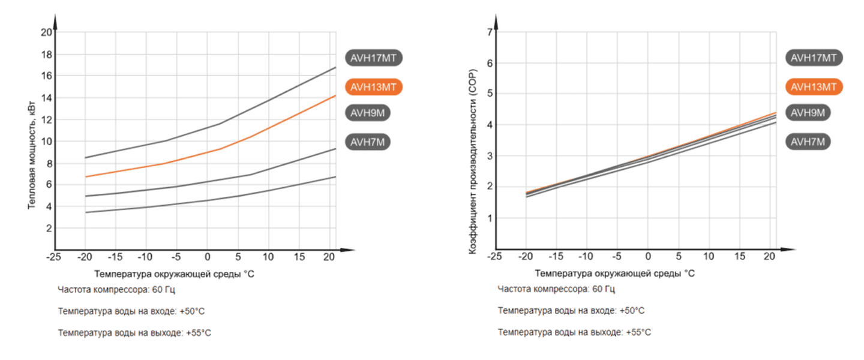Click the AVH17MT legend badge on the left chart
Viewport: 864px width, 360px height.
(373, 58)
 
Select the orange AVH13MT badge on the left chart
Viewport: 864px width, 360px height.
(373, 86)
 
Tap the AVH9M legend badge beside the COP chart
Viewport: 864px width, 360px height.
(807, 113)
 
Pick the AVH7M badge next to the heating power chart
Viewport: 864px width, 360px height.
(368, 142)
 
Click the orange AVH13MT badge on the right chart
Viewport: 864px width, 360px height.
(814, 86)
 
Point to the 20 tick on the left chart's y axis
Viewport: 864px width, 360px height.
(46, 32)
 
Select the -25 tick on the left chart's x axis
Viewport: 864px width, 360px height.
(55, 257)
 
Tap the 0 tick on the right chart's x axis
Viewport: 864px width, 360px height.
(647, 257)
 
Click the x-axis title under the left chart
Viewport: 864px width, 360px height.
(175, 274)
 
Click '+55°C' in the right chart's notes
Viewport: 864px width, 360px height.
(638, 332)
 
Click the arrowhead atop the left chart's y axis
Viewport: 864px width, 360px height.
(55, 23)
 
